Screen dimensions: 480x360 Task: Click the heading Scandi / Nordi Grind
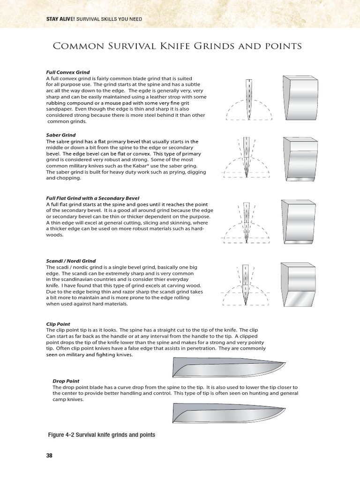[x=71, y=261]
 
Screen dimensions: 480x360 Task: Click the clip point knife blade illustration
[x=228, y=367]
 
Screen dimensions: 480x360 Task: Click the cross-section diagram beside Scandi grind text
[x=247, y=286]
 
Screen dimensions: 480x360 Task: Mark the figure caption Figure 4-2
[x=102, y=435]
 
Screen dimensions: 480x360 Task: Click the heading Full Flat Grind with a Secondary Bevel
[x=93, y=198]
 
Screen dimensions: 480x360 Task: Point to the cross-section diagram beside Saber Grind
[x=247, y=159]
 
